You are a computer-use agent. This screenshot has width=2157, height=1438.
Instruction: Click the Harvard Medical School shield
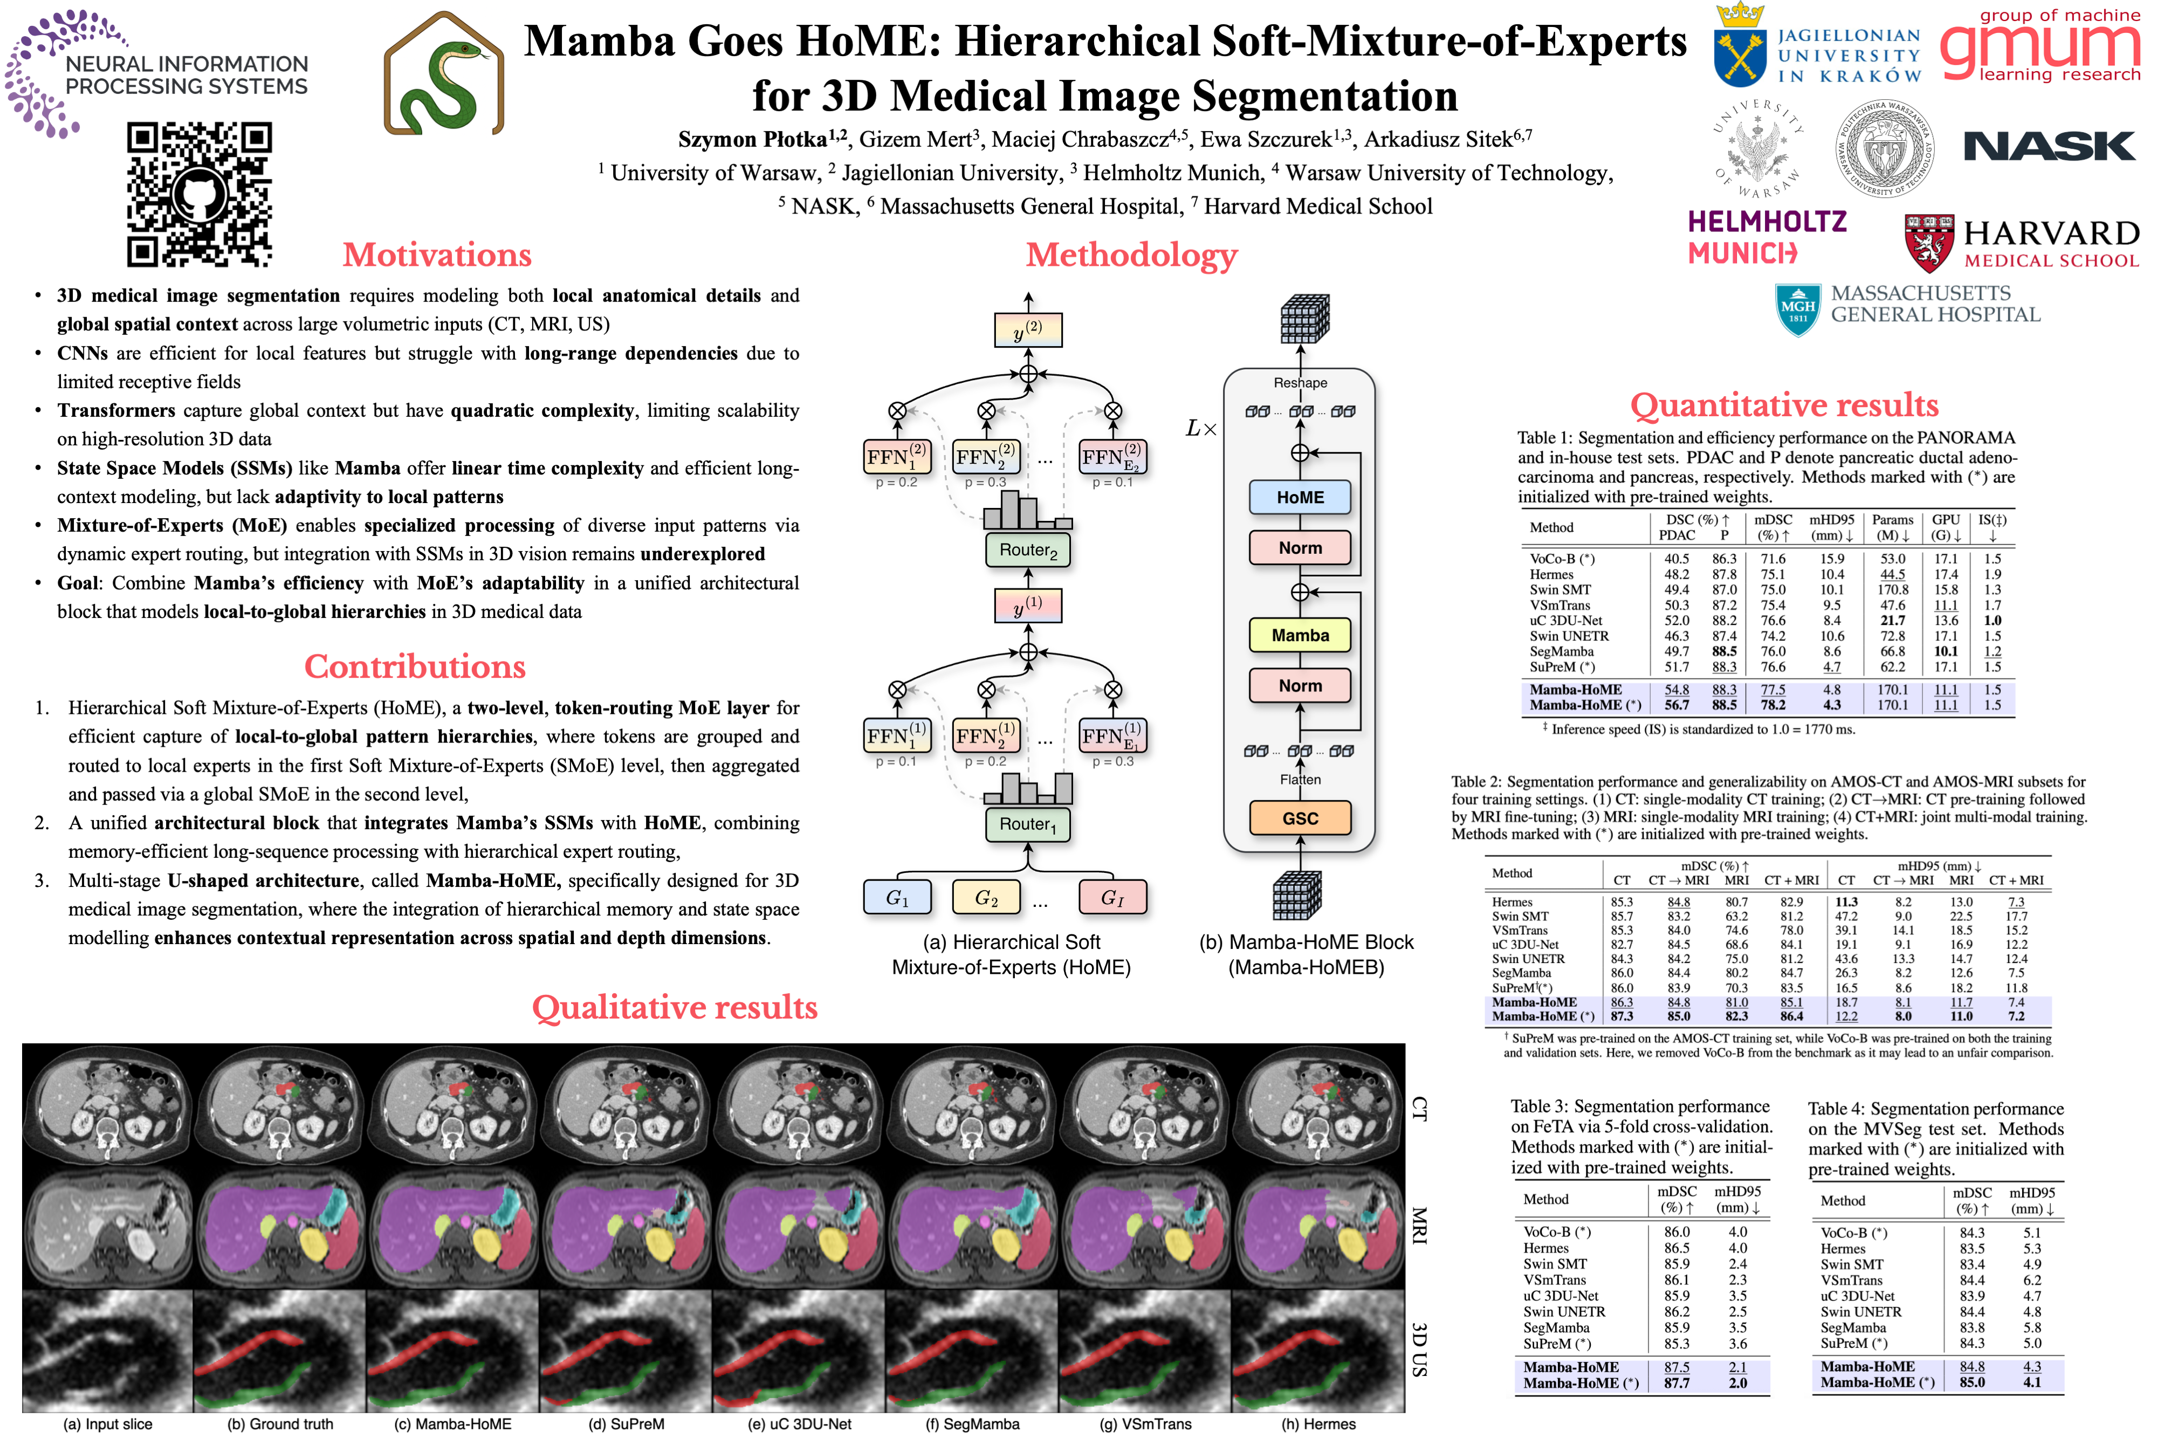click(x=1929, y=243)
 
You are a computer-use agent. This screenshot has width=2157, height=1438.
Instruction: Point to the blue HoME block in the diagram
click(x=1300, y=497)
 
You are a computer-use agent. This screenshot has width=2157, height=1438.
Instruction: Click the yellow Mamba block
click(x=1300, y=635)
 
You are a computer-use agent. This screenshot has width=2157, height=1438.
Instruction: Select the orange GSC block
click(x=1300, y=818)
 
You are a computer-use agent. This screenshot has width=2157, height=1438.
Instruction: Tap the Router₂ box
click(x=1028, y=551)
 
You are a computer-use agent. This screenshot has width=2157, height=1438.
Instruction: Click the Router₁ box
click(x=1028, y=824)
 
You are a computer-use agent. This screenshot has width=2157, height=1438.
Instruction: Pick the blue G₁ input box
click(x=897, y=898)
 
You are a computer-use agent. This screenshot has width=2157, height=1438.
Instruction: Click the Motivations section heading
click(x=437, y=255)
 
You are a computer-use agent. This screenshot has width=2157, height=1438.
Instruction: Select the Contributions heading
click(x=415, y=667)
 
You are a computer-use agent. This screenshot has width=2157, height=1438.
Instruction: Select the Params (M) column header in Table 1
click(x=1893, y=527)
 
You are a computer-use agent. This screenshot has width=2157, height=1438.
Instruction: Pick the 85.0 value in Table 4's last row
click(x=1971, y=1382)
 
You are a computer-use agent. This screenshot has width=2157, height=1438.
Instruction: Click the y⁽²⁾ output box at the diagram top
click(x=1028, y=330)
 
